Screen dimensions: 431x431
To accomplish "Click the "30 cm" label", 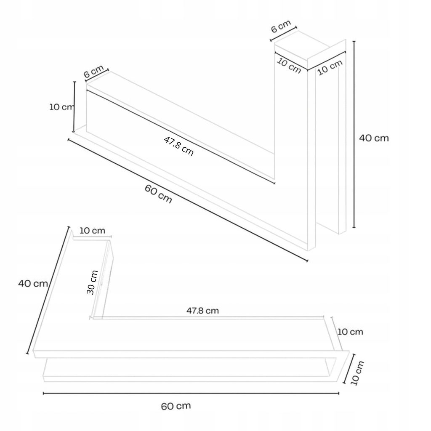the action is pyautogui.click(x=92, y=282).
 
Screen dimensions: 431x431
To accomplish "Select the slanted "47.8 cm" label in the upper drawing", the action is pyautogui.click(x=178, y=146).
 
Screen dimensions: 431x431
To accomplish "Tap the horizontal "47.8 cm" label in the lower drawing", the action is pyautogui.click(x=202, y=311).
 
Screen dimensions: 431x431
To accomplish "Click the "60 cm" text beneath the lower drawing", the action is pyautogui.click(x=176, y=406).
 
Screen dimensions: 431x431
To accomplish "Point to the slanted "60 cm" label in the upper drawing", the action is pyautogui.click(x=158, y=194).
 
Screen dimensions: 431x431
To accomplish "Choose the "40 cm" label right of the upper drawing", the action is pyautogui.click(x=374, y=138).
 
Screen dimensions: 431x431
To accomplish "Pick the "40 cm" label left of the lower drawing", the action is pyautogui.click(x=33, y=283).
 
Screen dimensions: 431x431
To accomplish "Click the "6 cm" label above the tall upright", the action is pyautogui.click(x=281, y=27).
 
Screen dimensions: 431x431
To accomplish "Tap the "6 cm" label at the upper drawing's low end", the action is pyautogui.click(x=94, y=71).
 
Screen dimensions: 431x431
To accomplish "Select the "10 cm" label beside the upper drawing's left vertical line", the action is pyautogui.click(x=61, y=107).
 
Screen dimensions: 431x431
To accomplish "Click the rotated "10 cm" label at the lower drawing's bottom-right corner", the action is pyautogui.click(x=357, y=373).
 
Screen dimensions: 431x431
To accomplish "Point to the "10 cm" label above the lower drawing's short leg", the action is pyautogui.click(x=92, y=231).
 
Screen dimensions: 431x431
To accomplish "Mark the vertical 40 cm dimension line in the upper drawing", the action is pyautogui.click(x=354, y=134).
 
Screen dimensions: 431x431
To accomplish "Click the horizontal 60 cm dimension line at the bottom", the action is pyautogui.click(x=191, y=394).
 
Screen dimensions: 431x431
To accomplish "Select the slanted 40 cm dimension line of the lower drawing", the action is pyautogui.click(x=48, y=290).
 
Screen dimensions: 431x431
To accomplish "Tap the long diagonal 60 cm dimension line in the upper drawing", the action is pyautogui.click(x=188, y=200).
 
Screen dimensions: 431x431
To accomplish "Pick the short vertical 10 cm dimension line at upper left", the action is pyautogui.click(x=74, y=107).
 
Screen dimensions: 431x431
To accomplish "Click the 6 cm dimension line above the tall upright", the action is pyautogui.click(x=283, y=34).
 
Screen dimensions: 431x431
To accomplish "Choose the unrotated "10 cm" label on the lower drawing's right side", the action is pyautogui.click(x=350, y=332).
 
